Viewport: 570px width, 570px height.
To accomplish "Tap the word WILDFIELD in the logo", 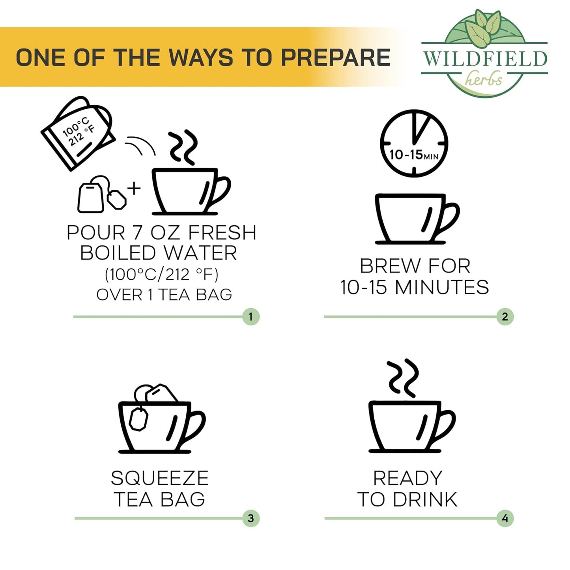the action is point(484,59).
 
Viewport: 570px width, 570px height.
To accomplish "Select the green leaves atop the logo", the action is point(483,28).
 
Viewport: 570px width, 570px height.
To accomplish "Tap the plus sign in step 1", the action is point(134,189).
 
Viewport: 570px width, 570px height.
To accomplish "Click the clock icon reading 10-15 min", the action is point(414,144).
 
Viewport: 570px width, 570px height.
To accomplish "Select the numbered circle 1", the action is point(251,317).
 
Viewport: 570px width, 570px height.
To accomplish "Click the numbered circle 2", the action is point(505,317).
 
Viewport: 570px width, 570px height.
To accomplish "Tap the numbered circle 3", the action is point(251,519).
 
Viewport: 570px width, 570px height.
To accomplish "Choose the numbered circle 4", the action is point(505,519).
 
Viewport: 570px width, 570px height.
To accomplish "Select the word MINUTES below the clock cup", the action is point(442,287).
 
